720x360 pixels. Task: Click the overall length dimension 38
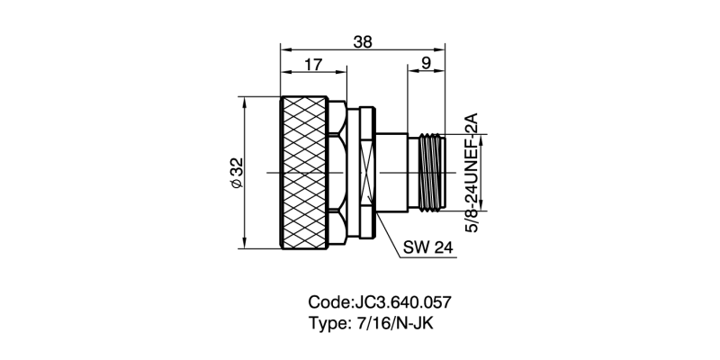click(x=363, y=41)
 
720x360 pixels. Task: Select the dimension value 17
click(x=313, y=65)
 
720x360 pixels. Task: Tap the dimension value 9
click(x=426, y=65)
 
